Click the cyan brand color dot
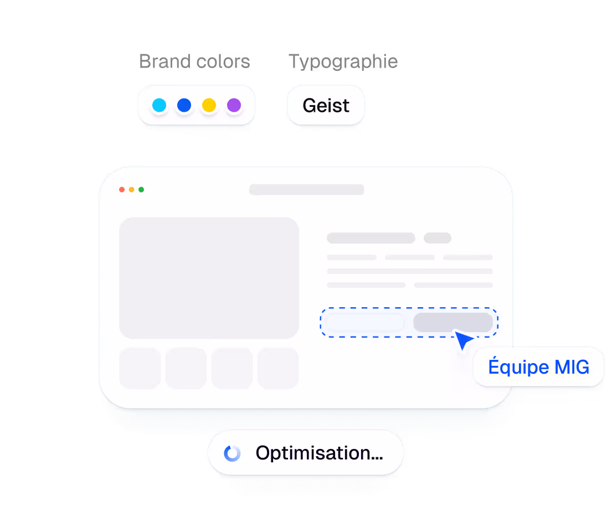[x=159, y=105]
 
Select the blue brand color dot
[x=184, y=105]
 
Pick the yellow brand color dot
[x=209, y=105]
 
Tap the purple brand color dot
[x=234, y=105]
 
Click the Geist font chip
[x=326, y=105]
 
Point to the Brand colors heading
[x=194, y=61]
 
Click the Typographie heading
[x=343, y=61]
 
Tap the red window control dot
[x=122, y=190]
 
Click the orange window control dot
[x=131, y=190]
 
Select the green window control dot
[x=141, y=190]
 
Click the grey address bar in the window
[x=306, y=190]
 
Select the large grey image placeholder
[x=209, y=278]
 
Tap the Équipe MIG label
[x=538, y=366]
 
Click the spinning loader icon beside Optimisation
[x=232, y=453]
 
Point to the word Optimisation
[x=319, y=453]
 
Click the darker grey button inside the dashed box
[x=452, y=322]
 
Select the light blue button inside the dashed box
[x=365, y=322]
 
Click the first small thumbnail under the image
[x=140, y=368]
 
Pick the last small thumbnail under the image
[x=278, y=368]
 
